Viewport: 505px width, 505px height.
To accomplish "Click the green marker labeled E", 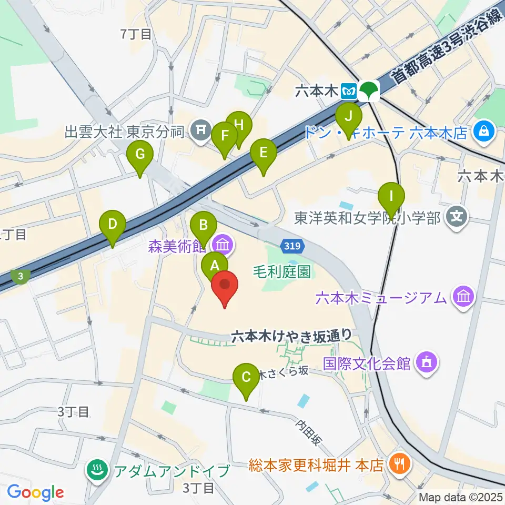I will (x=264, y=153).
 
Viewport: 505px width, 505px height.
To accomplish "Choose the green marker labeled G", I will (x=140, y=155).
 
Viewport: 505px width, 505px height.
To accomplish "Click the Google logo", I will (x=35, y=492).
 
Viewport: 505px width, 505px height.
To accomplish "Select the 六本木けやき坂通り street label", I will (x=291, y=335).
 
